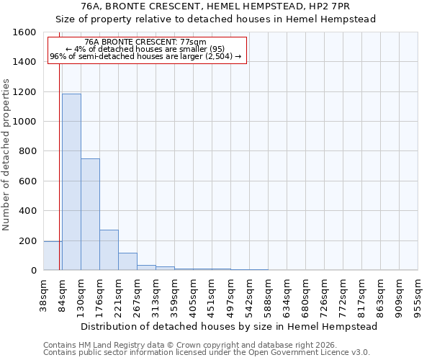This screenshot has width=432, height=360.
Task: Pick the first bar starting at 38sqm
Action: (53, 256)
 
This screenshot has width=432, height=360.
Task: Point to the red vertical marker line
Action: (59, 166)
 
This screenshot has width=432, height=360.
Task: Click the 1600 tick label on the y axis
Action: (26, 32)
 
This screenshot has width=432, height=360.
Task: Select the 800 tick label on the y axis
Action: (29, 151)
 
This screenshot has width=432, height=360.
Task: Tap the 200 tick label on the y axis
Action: (29, 240)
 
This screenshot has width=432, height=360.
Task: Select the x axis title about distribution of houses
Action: (229, 326)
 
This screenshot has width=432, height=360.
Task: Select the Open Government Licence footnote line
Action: (207, 353)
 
